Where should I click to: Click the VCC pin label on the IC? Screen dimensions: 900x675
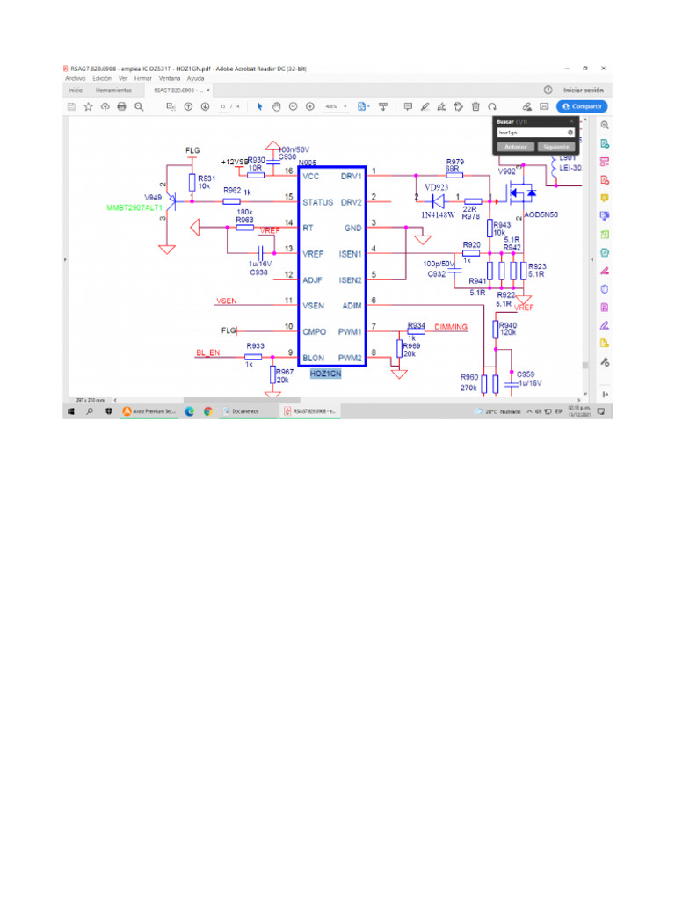click(310, 176)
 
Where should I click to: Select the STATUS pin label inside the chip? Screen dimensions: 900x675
click(317, 202)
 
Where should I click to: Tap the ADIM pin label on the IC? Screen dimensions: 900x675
click(352, 306)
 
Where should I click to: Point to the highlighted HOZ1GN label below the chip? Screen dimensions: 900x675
click(325, 374)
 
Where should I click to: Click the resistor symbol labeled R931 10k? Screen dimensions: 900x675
click(192, 182)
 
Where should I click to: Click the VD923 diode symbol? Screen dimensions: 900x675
click(437, 200)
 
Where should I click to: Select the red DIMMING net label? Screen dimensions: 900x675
click(451, 327)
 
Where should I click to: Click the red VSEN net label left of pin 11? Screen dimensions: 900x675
click(226, 301)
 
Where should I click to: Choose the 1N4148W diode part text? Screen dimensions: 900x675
click(436, 214)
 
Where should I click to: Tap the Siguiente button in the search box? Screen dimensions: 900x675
click(556, 147)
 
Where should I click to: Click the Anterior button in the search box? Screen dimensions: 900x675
click(516, 147)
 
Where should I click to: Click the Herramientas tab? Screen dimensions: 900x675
click(113, 90)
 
